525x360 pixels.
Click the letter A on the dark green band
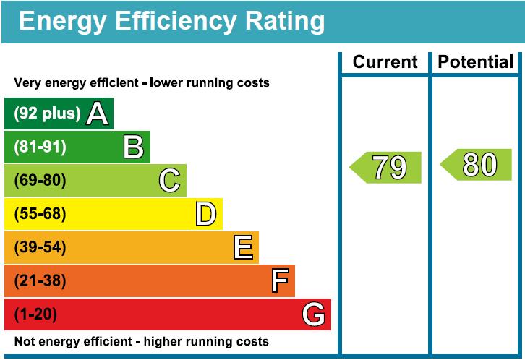(x=98, y=113)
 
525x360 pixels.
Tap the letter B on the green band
(x=134, y=147)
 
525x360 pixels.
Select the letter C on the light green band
(x=170, y=181)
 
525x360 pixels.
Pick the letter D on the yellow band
(x=206, y=214)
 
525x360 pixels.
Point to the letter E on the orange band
(x=243, y=248)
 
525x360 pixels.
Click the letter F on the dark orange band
(x=280, y=281)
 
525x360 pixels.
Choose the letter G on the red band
(x=314, y=314)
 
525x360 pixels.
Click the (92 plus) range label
(x=48, y=113)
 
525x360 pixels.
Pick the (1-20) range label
(x=35, y=314)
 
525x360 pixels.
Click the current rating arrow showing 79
(x=386, y=168)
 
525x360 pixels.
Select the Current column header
(x=385, y=62)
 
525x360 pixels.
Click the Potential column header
(x=476, y=62)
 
